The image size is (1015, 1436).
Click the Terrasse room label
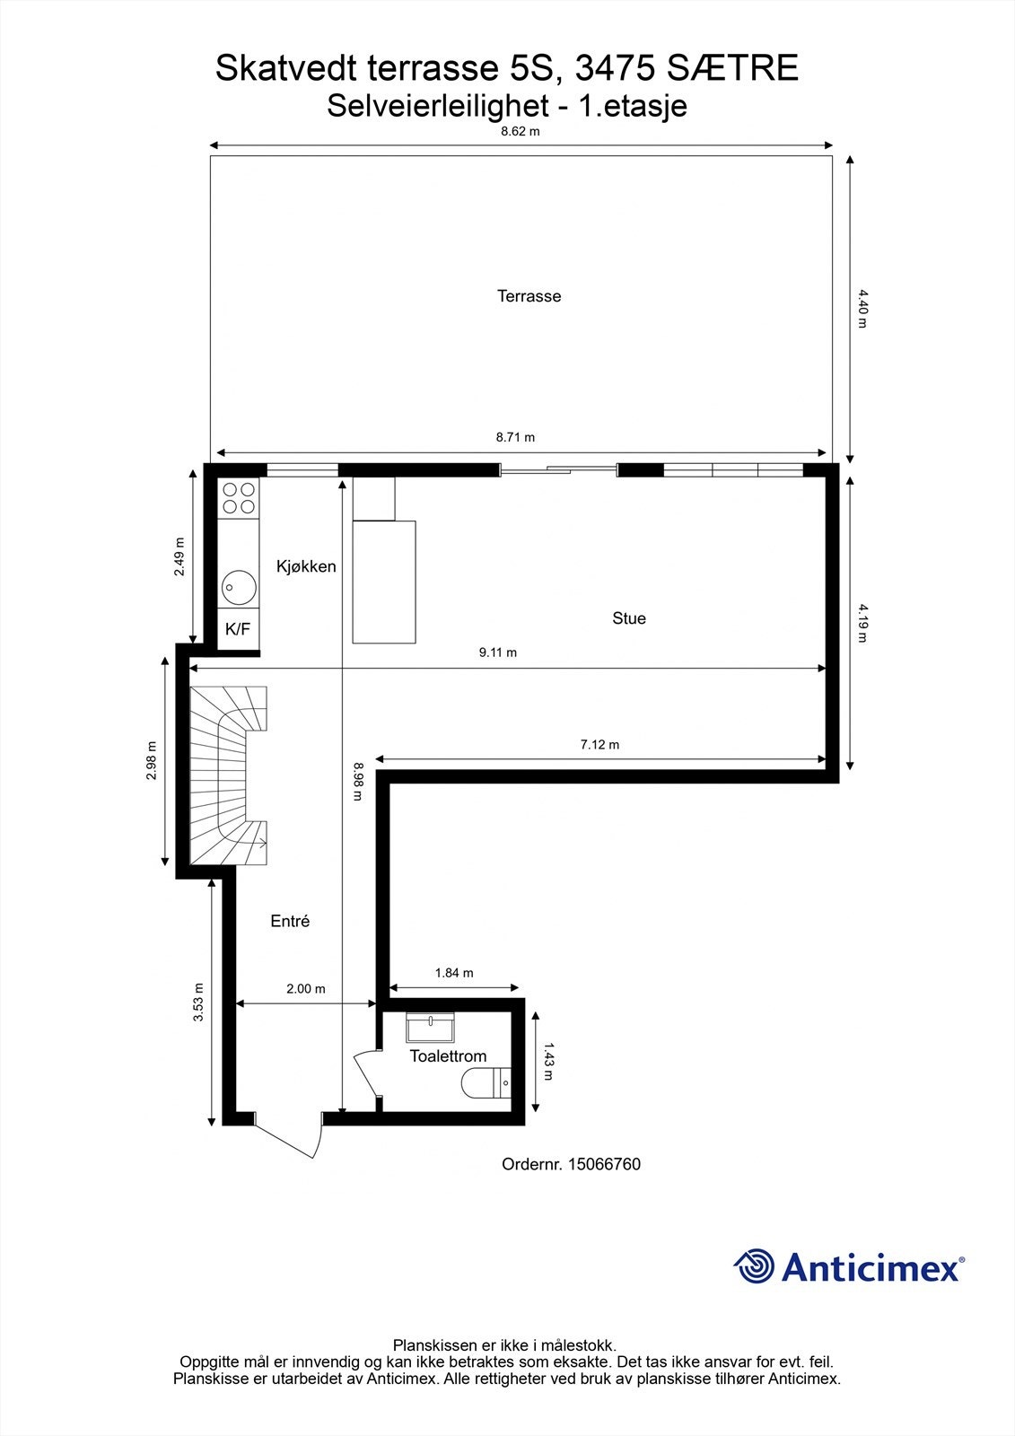click(529, 296)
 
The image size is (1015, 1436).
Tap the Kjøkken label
click(306, 566)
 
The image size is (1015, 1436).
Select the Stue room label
click(628, 618)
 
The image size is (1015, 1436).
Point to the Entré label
click(290, 921)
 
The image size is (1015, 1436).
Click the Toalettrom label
click(448, 1056)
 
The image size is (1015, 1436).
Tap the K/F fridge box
click(238, 629)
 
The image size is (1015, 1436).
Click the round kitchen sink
click(239, 588)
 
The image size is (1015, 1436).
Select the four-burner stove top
click(239, 498)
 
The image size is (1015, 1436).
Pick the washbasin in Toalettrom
click(431, 1025)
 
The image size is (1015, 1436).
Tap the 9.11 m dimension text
click(498, 653)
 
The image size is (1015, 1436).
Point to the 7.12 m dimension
click(599, 745)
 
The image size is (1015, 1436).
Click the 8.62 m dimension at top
click(521, 131)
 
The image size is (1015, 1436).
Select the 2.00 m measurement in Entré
click(305, 989)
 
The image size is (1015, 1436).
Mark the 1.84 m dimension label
click(454, 973)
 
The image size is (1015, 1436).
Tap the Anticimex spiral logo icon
click(754, 1267)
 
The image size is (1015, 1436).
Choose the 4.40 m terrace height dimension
click(862, 308)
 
